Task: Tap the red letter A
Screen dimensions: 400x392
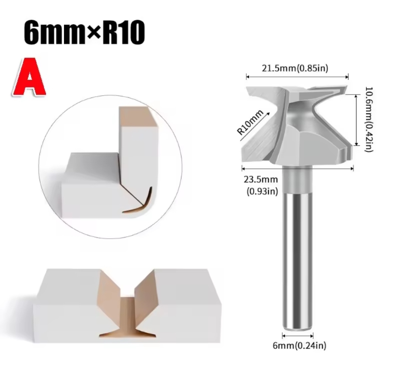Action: point(29,77)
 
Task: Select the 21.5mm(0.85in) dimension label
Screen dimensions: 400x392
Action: point(295,69)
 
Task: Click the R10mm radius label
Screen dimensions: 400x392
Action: point(250,122)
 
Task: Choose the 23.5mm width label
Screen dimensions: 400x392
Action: point(261,179)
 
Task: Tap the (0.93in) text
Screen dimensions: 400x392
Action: point(262,191)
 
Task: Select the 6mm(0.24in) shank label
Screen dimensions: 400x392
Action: point(300,346)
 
